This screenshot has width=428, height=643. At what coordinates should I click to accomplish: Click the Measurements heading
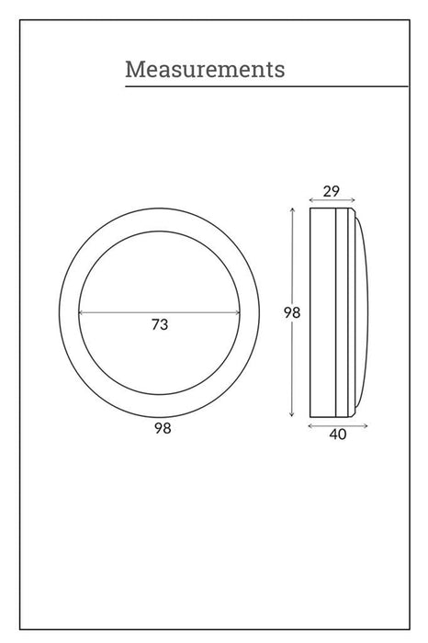(205, 69)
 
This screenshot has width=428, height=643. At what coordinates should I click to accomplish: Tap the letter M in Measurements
(134, 69)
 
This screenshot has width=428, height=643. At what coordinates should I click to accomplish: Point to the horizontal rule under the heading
(266, 86)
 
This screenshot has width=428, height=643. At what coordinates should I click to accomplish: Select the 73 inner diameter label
(160, 324)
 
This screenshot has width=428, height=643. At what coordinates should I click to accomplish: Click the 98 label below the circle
(163, 428)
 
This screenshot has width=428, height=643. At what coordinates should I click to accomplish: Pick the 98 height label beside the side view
(292, 312)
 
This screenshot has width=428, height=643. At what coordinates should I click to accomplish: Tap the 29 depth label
(332, 191)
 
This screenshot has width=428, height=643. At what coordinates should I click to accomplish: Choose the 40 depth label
(338, 434)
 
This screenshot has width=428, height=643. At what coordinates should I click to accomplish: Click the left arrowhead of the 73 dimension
(80, 312)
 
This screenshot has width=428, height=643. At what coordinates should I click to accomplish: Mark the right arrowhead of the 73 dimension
(238, 312)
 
